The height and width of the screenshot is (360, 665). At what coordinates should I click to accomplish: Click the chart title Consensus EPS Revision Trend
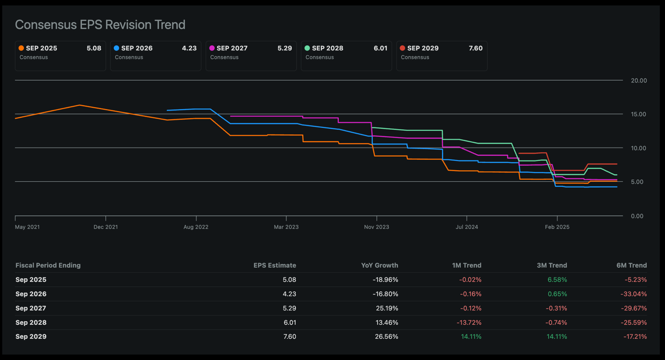click(x=100, y=25)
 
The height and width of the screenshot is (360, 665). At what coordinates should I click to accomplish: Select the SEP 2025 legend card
click(x=60, y=55)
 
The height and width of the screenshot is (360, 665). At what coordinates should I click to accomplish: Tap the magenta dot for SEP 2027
click(x=212, y=48)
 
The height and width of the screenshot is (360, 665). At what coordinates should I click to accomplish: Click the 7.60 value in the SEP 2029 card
click(x=475, y=48)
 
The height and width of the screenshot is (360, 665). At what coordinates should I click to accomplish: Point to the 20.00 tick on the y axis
click(x=639, y=81)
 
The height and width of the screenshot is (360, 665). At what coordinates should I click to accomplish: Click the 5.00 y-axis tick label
click(x=639, y=182)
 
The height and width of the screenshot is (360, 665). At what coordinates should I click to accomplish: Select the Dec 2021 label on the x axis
click(x=106, y=227)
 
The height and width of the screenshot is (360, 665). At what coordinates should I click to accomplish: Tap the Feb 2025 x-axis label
click(x=557, y=227)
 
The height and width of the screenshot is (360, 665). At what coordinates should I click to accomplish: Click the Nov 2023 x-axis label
click(x=376, y=227)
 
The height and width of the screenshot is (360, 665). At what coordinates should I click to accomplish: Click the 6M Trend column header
click(x=632, y=265)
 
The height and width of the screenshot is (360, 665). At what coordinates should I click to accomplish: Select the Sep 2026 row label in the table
click(x=31, y=294)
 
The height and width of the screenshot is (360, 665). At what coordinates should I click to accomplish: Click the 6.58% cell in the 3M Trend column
click(x=557, y=280)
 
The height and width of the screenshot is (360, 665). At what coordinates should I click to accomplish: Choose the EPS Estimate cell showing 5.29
click(x=289, y=308)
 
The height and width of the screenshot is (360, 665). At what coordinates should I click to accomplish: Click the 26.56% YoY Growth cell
click(x=386, y=336)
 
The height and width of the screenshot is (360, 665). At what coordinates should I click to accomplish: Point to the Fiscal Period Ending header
click(x=48, y=265)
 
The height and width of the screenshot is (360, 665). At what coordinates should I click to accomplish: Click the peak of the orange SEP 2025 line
click(x=79, y=105)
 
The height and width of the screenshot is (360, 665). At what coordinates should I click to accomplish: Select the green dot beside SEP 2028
click(x=307, y=48)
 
